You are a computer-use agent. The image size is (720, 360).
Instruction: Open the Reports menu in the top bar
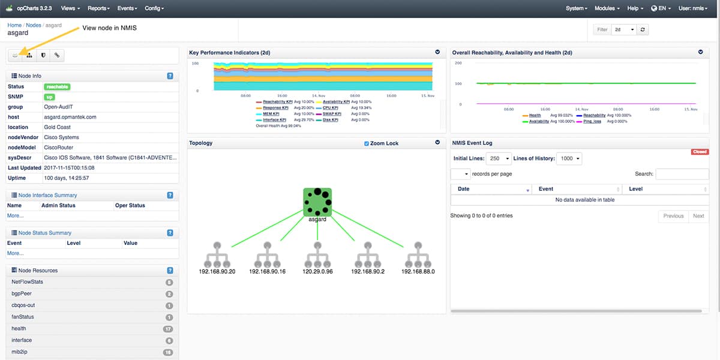click(x=98, y=8)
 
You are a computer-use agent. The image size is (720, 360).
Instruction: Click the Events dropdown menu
click(x=127, y=8)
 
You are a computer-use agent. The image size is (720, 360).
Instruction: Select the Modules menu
click(x=607, y=8)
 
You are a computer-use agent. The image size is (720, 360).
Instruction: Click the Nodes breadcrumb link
click(x=34, y=25)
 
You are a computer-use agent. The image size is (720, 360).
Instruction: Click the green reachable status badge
click(x=55, y=87)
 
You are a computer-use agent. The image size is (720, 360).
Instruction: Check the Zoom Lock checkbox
click(x=367, y=144)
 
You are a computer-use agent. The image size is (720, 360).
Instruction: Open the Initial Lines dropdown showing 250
click(x=499, y=159)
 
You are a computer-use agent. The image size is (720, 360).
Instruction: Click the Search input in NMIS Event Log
click(x=682, y=174)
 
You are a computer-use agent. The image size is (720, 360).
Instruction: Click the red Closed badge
click(x=700, y=152)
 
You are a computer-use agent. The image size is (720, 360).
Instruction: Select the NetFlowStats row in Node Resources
click(x=28, y=282)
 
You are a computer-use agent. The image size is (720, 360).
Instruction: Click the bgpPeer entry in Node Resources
click(x=22, y=294)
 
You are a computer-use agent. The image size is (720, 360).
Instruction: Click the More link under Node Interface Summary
click(x=15, y=215)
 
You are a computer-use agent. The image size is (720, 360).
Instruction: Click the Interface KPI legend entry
click(x=275, y=120)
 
